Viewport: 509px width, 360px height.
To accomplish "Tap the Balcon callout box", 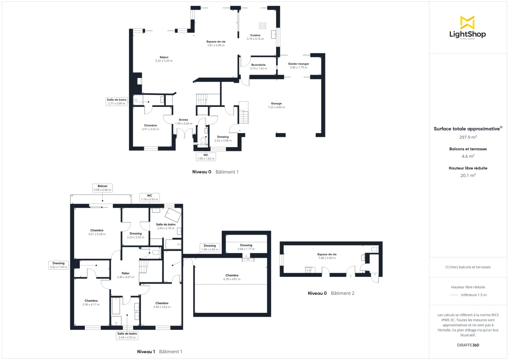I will pos(102,188).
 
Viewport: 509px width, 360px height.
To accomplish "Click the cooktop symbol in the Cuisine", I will pos(262,25).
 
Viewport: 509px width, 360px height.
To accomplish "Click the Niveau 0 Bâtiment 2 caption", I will pos(331,293).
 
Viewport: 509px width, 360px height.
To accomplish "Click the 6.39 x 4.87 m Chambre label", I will pos(232,277).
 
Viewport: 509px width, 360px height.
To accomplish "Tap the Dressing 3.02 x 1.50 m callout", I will pos(59,265).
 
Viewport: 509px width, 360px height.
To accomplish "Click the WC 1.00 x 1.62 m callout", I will pos(206,157).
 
